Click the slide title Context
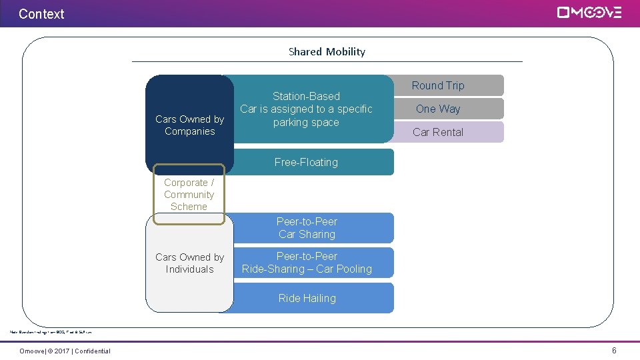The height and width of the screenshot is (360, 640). click(x=41, y=13)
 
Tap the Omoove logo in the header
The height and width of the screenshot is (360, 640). click(x=589, y=13)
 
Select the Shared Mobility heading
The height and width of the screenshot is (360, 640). click(x=327, y=51)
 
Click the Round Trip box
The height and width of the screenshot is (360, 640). click(x=438, y=85)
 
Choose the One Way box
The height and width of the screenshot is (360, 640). click(x=438, y=109)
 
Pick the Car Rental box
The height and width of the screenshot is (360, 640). click(x=438, y=132)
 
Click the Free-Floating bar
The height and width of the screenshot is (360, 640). click(x=306, y=162)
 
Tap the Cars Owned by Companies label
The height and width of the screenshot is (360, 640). click(x=189, y=125)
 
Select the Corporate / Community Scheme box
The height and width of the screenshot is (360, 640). click(x=189, y=194)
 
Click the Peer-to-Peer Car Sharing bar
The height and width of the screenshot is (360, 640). click(x=307, y=228)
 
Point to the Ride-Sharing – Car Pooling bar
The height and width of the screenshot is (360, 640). click(x=307, y=263)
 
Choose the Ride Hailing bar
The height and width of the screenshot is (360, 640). click(x=307, y=298)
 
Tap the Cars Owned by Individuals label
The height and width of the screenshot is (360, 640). click(x=189, y=263)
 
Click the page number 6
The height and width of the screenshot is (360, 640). click(x=614, y=351)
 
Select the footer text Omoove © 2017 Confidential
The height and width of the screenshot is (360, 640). click(x=65, y=351)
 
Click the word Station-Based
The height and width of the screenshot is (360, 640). click(x=306, y=96)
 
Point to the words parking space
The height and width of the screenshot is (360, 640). click(x=306, y=122)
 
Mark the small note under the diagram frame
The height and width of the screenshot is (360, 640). click(x=51, y=331)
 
